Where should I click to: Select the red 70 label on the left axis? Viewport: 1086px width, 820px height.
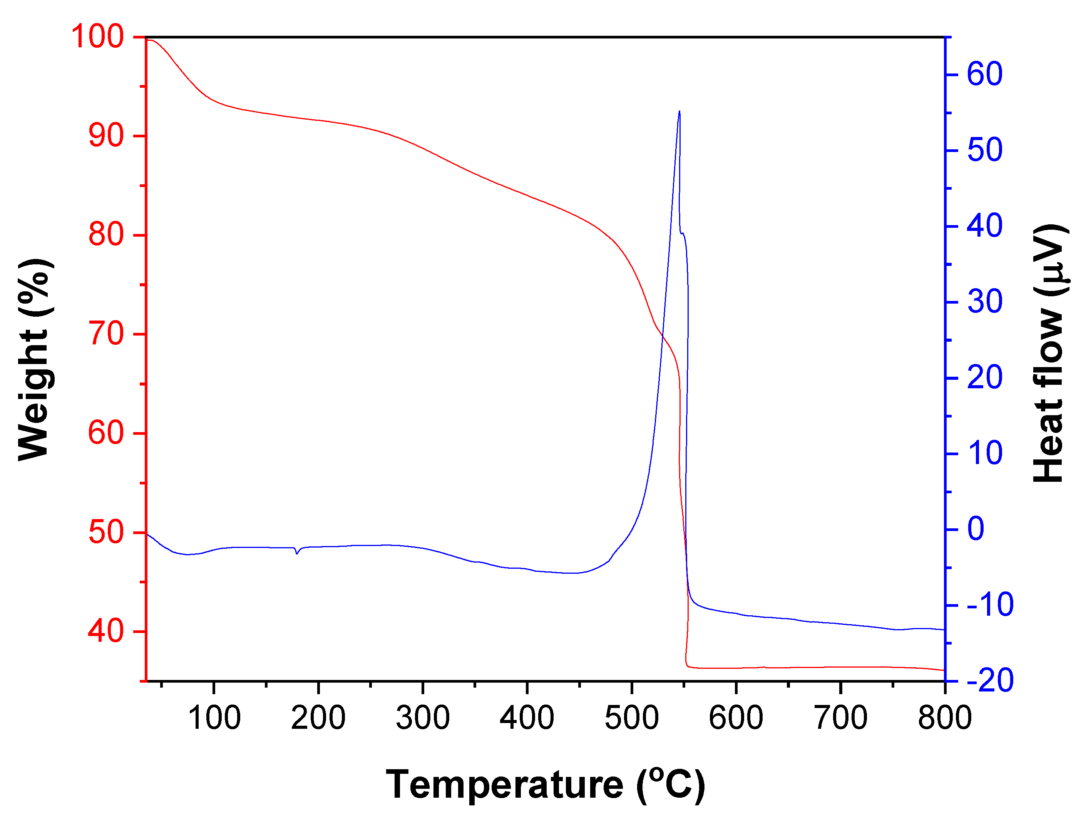coord(105,334)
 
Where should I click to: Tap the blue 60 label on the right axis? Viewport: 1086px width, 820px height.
coord(984,75)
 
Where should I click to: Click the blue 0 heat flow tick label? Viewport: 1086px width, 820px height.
coord(976,529)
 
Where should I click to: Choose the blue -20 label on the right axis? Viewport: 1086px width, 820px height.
coord(990,681)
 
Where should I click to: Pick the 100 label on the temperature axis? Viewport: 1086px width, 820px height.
coord(214,717)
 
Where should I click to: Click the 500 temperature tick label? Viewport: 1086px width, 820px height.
coord(631,717)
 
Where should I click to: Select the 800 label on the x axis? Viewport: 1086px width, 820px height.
coord(945,717)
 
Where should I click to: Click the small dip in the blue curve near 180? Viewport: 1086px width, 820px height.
coord(296,553)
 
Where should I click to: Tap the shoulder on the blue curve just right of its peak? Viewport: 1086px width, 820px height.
coord(683,234)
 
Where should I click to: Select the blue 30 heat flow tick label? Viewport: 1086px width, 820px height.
coord(984,302)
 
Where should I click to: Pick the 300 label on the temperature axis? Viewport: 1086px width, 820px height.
coord(423,717)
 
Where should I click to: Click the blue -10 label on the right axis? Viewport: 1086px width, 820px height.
coord(990,605)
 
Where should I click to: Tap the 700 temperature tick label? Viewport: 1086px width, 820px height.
coord(840,717)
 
